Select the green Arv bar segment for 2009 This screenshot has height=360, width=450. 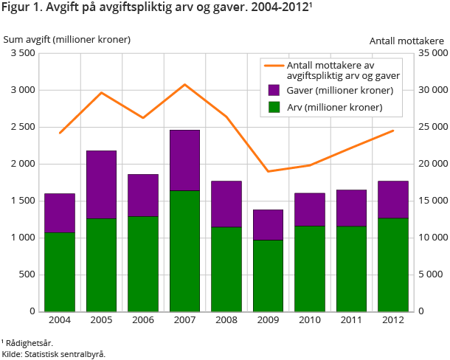268,275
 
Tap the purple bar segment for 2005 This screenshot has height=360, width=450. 101,184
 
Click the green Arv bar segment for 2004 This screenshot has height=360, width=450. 60,271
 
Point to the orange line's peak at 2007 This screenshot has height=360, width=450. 184,85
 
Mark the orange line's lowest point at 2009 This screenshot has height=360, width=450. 268,171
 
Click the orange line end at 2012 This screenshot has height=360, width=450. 392,131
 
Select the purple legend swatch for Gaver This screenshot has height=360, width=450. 274,90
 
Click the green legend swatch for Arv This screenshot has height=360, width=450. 274,107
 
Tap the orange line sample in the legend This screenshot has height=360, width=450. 274,66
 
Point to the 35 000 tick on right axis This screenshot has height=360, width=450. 430,53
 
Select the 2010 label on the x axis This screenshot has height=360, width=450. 309,319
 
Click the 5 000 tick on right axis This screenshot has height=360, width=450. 432,274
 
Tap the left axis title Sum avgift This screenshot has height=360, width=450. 66,39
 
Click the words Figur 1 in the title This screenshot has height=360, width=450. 22,10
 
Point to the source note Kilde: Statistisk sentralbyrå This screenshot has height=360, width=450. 53,354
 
